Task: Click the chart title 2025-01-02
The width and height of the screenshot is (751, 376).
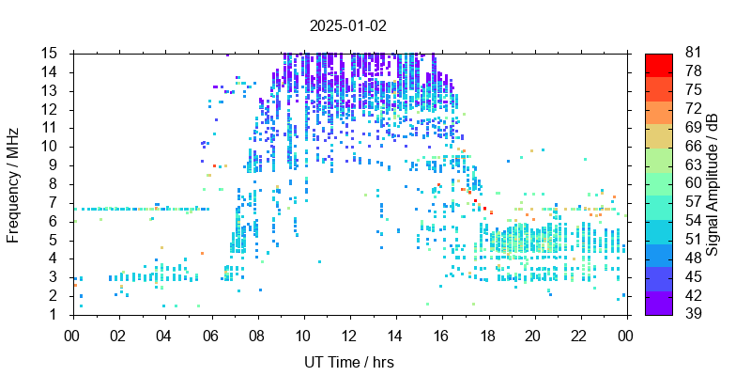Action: point(349,25)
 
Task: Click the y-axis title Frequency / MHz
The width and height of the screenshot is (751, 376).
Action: point(14,184)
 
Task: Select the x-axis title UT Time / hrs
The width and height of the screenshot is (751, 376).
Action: point(349,362)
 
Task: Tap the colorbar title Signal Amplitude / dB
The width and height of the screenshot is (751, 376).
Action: point(713,184)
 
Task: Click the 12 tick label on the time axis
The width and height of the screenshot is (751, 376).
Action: point(349,335)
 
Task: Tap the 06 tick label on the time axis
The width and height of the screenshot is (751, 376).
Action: point(211,335)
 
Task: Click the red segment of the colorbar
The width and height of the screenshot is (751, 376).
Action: point(659,63)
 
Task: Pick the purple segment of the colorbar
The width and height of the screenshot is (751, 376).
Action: point(659,305)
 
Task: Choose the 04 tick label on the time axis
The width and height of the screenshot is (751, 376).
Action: point(165,335)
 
